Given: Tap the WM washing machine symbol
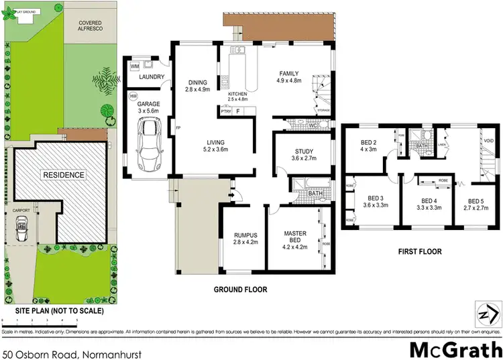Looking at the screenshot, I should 134,66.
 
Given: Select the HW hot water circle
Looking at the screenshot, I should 133,96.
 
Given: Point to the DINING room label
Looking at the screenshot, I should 198,82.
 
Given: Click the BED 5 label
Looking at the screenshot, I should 476,201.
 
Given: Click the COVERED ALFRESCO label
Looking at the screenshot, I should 89,25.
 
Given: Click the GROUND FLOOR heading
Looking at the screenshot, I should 240,290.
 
